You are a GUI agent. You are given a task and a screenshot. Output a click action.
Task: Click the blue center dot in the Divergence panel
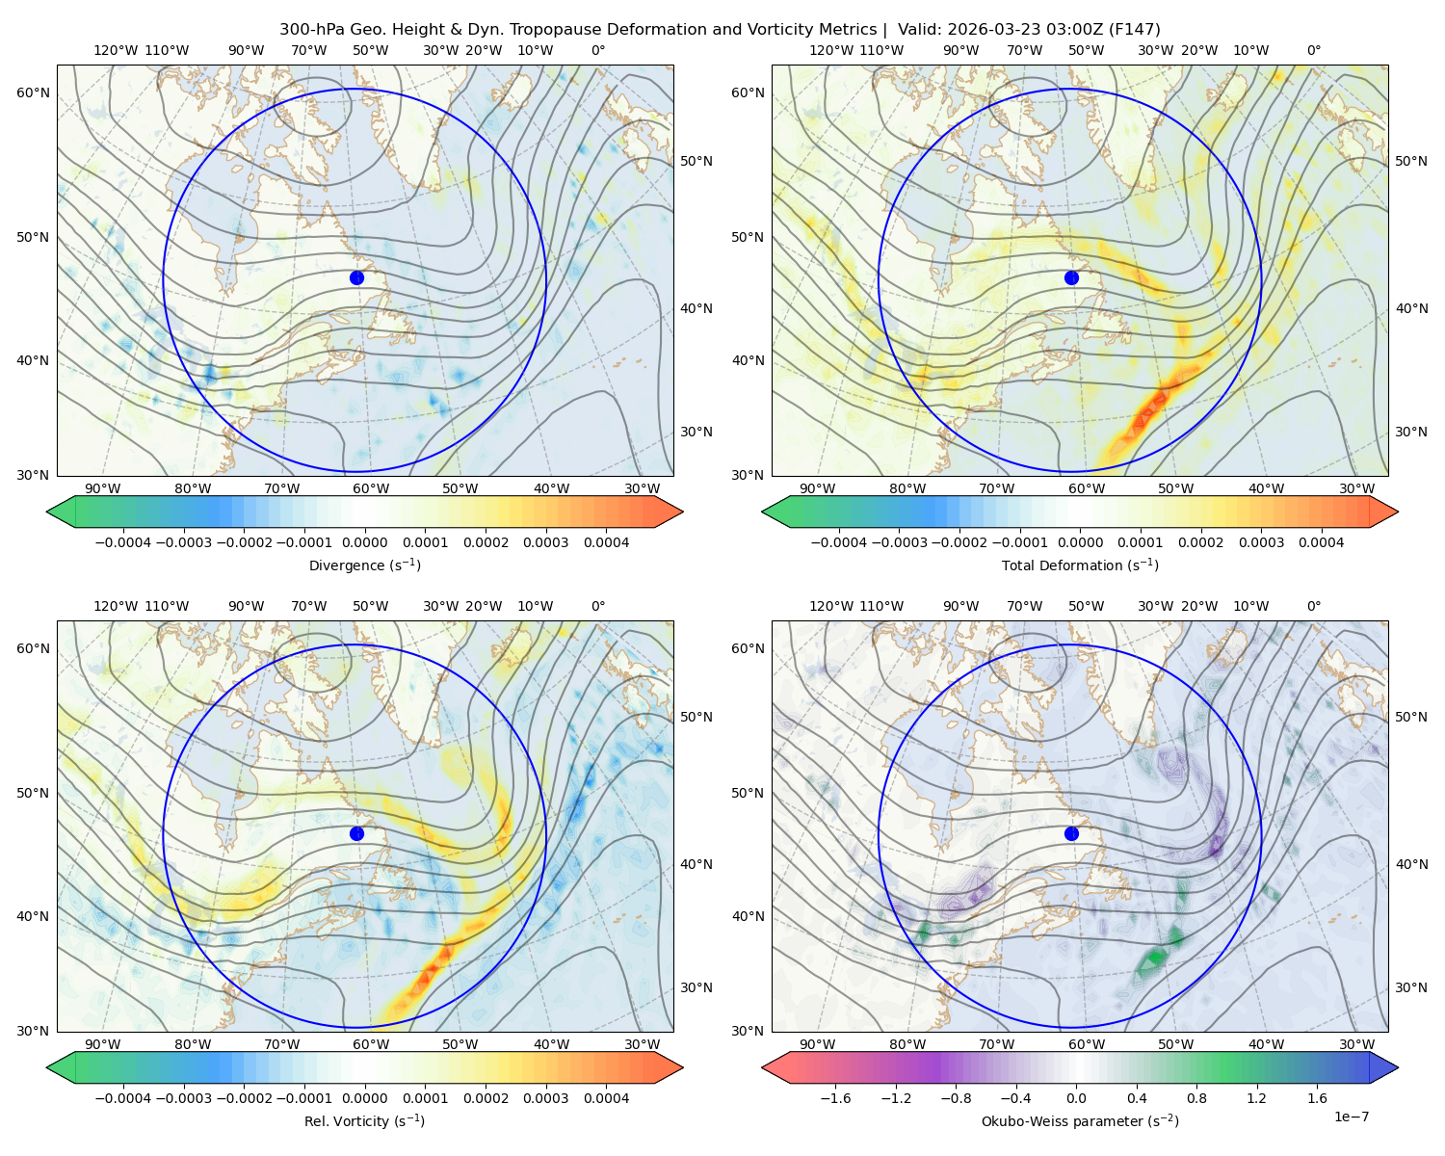[x=356, y=277]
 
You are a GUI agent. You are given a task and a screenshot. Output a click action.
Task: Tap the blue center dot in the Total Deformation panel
[x=1071, y=277]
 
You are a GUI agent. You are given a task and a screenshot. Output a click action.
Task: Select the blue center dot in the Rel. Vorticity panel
[x=356, y=833]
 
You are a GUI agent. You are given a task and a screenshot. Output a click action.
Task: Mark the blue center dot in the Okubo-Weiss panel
[x=1071, y=833]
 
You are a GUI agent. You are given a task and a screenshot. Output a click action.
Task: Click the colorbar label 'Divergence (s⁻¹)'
[x=364, y=565]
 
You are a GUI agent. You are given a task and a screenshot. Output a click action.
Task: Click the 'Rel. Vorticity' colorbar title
[x=347, y=1121]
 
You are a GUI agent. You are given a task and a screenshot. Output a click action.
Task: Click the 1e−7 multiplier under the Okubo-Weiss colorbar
[x=1351, y=1117]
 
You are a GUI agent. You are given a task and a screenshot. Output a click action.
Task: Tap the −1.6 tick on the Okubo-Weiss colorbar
[x=835, y=1098]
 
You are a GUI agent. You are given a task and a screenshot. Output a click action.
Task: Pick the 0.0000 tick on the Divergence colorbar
[x=364, y=542]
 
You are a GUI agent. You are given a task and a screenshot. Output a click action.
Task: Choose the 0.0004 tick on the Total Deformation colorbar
[x=1322, y=542]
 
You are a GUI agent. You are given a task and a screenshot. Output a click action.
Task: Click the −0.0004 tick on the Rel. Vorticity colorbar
[x=123, y=1098]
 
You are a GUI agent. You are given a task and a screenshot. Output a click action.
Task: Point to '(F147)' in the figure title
[x=1134, y=30]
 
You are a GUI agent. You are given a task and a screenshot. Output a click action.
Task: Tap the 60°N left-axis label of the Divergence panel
[x=33, y=92]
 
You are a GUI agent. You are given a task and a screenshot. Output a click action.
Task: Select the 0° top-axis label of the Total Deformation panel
[x=1314, y=50]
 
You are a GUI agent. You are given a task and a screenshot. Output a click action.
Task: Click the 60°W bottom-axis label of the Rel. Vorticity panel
[x=371, y=1044]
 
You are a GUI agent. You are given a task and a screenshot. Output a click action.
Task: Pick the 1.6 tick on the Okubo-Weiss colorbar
[x=1318, y=1098]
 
